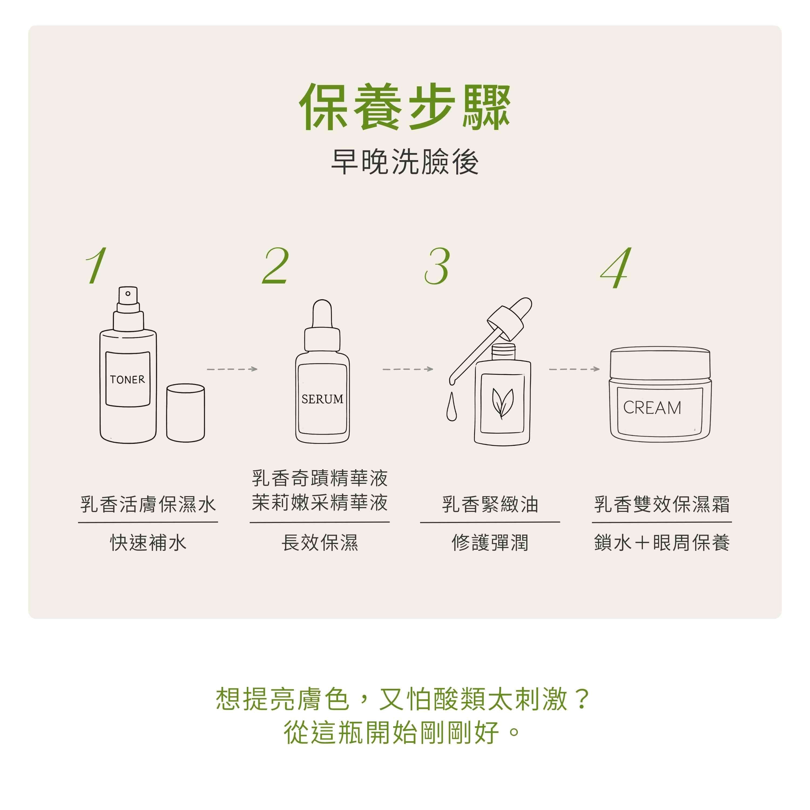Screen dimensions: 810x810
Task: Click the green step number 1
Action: [96, 265]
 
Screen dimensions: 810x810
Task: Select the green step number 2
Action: [275, 265]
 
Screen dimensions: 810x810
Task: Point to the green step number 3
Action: [437, 266]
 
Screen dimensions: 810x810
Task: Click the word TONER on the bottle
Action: [127, 379]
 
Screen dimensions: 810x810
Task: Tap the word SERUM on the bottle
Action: [322, 399]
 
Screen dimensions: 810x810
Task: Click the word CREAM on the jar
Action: [652, 407]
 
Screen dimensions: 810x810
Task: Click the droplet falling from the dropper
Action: [451, 406]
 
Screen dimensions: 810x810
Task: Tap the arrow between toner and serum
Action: [232, 369]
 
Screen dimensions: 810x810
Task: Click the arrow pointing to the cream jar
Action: [574, 369]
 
